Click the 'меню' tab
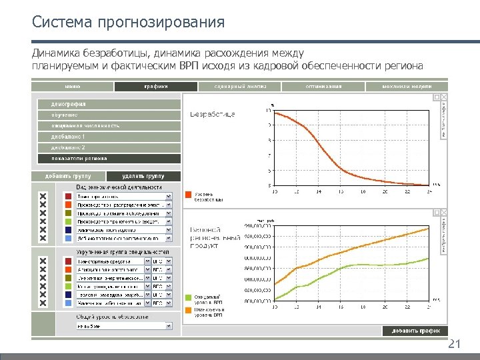73,86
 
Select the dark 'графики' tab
155,86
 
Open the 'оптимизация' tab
323,86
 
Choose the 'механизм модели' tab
407,86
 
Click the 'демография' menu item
107,104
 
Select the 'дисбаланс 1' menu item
107,137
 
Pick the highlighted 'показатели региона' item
107,159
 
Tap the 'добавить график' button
415,331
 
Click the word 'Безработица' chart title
213,115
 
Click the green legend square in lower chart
189,297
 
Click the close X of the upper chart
444,97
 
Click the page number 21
454,344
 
